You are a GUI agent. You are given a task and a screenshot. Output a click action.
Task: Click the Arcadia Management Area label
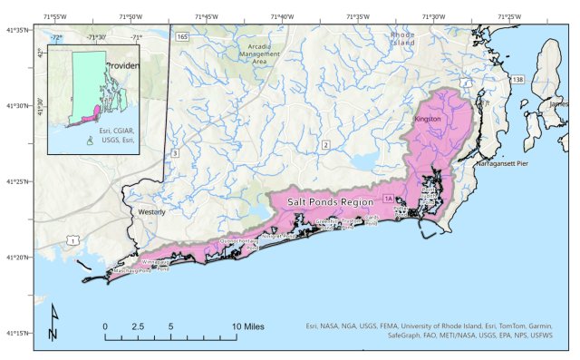[259, 54]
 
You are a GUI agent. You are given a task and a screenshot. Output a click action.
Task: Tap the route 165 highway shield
[182, 36]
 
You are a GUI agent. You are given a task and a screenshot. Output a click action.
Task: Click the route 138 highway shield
[517, 81]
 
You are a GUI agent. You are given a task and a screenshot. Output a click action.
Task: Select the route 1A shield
[389, 199]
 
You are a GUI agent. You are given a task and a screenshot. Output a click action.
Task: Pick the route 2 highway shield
[324, 144]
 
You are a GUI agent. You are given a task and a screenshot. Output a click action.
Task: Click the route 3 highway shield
[175, 153]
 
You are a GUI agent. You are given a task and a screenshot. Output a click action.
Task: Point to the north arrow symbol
[53, 321]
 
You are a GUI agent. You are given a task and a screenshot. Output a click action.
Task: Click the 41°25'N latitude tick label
[18, 181]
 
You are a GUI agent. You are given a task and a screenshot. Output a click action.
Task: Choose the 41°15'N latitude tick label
[18, 333]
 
